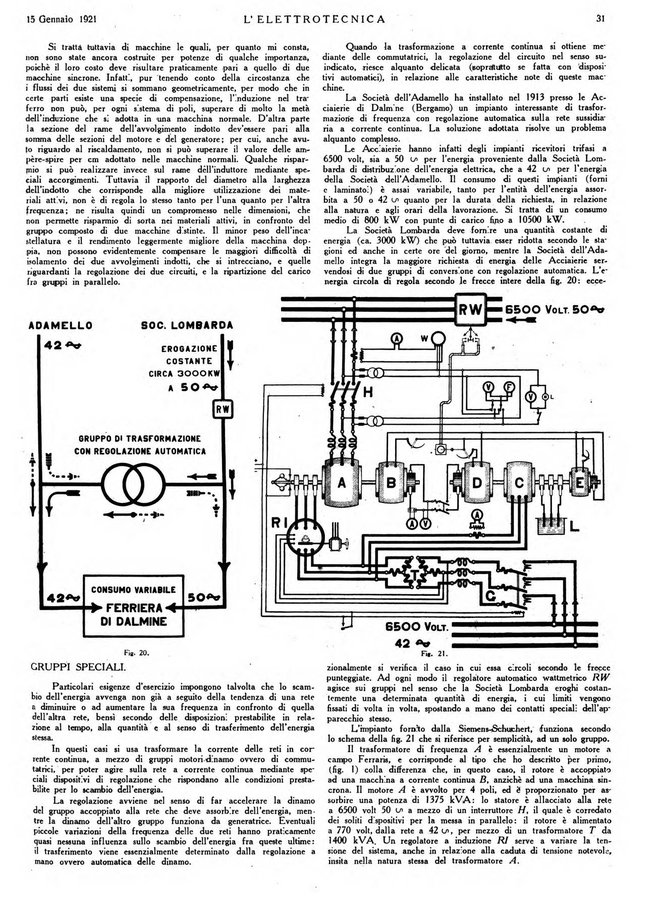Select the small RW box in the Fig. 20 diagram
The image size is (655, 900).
pyautogui.click(x=223, y=407)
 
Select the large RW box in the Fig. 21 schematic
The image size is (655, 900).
pyautogui.click(x=470, y=310)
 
